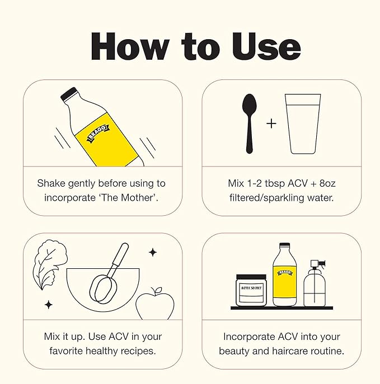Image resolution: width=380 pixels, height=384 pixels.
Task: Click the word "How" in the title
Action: click(130, 46)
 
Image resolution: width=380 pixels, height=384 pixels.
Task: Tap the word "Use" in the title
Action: click(266, 46)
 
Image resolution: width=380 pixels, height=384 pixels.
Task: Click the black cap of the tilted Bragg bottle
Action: click(68, 94)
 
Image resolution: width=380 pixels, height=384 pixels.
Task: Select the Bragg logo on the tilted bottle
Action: click(97, 133)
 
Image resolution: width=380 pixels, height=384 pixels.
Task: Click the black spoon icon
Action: click(250, 124)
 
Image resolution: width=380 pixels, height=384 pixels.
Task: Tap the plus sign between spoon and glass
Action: click(271, 124)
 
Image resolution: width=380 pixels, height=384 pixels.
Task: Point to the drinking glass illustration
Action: click(303, 124)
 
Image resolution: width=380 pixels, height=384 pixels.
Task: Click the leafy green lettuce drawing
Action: click(50, 264)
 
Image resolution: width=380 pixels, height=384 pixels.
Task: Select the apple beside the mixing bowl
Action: click(155, 304)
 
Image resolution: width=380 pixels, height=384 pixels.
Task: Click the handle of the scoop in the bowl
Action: click(120, 255)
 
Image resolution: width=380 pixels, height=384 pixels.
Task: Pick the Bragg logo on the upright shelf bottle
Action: click(285, 273)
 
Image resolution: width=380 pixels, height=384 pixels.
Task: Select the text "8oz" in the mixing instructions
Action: click(327, 183)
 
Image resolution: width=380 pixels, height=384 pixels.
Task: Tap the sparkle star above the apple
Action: click(153, 252)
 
